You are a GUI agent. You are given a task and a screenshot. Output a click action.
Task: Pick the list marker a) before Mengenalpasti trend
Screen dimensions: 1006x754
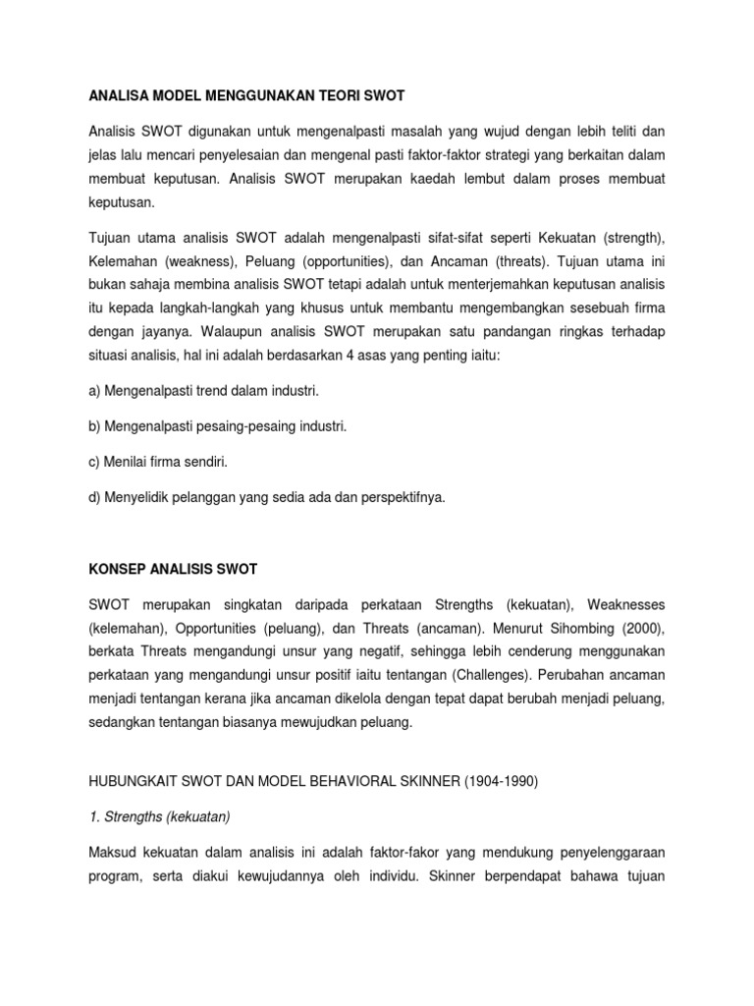pos(95,390)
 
